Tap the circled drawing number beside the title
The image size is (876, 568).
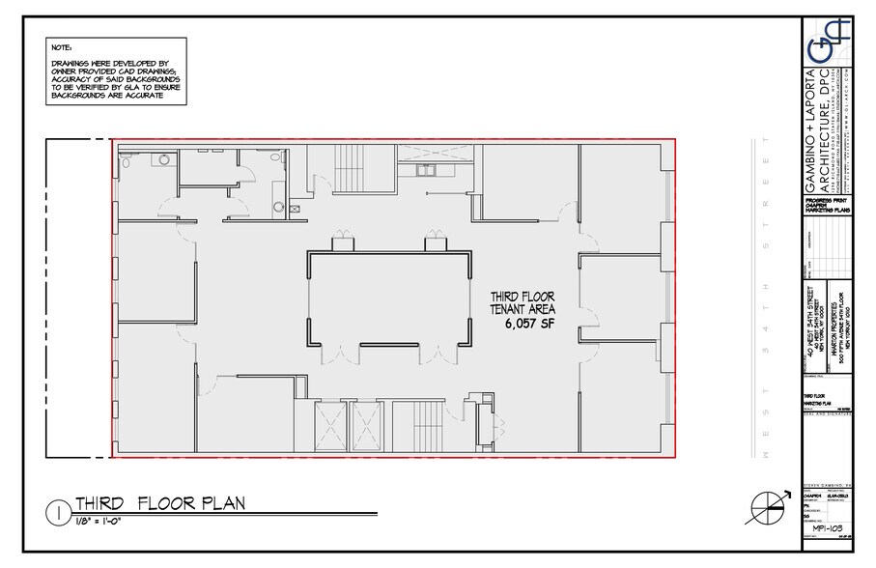point(59,510)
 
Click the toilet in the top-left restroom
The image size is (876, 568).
point(127,160)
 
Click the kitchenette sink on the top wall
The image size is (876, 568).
point(426,171)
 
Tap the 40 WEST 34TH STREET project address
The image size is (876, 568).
point(809,320)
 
